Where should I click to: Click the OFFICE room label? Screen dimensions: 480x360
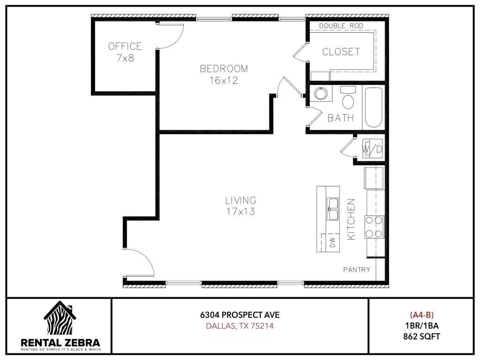coord(125,46)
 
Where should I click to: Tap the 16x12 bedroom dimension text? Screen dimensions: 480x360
coord(224,81)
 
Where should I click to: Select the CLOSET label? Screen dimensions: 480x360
coord(341,52)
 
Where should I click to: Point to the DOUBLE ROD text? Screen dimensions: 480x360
coord(341,26)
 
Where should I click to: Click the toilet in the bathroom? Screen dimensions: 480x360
coord(348,98)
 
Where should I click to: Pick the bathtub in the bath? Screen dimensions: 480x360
coord(374,107)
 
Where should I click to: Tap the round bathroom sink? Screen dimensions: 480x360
coord(321,93)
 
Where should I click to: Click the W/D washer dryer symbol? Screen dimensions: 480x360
coord(372,149)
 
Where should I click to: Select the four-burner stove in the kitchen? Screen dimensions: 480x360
coord(374,227)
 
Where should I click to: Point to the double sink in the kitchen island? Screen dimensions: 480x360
coord(332,209)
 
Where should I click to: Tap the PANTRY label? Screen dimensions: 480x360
coord(357,270)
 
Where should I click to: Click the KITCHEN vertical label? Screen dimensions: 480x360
coord(351,219)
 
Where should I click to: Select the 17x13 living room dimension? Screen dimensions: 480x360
coord(240,211)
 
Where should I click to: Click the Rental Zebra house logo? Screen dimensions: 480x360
coord(60,318)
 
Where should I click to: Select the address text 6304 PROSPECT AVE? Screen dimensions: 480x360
coord(240,315)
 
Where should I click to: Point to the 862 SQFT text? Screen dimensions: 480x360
coord(421,337)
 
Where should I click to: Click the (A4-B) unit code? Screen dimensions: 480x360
coord(422,315)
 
